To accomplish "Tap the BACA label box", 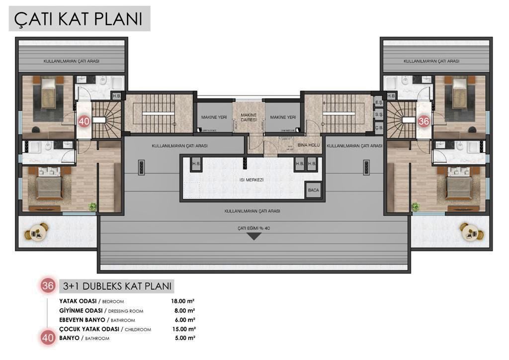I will (x=313, y=189).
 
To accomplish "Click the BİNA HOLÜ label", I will (x=308, y=145).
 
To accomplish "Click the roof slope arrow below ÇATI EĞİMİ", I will (x=254, y=236).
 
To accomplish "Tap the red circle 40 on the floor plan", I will (x=84, y=121).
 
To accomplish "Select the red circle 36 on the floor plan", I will (x=424, y=121).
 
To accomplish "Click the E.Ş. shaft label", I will (x=378, y=103).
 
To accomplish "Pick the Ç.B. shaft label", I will (x=378, y=127).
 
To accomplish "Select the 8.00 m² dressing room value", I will (x=184, y=311).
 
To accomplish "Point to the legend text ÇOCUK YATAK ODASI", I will (x=88, y=329).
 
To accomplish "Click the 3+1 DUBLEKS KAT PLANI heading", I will (x=117, y=286).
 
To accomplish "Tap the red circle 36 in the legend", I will (x=48, y=286).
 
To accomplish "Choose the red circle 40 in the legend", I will (x=48, y=338).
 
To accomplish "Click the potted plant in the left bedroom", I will (x=92, y=206).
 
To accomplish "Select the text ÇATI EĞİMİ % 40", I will (x=254, y=228).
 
